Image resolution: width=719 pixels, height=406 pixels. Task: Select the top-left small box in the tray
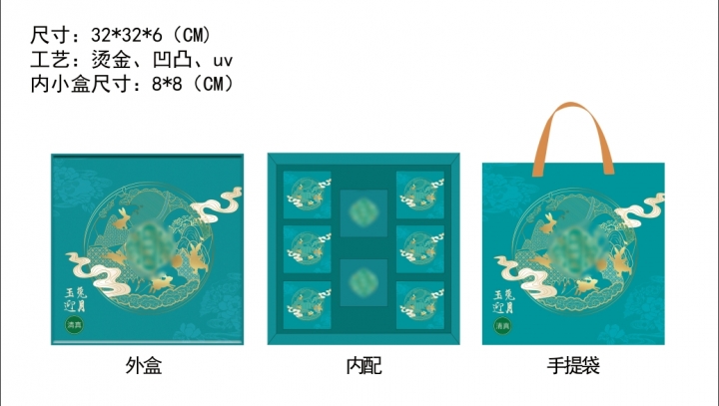coord(308,194)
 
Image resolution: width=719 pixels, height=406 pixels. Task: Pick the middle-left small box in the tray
coord(308,248)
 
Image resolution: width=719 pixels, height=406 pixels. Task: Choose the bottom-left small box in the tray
coord(308,304)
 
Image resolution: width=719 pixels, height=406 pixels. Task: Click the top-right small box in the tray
coord(419,194)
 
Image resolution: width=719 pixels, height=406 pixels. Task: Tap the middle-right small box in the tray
coord(419,248)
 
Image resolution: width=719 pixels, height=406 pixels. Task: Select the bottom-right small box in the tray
coord(419,304)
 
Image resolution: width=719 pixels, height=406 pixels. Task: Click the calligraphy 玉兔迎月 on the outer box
coord(77,291)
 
